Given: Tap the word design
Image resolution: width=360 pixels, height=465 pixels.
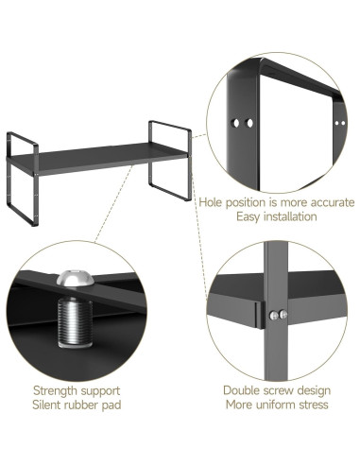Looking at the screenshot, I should point(310,390).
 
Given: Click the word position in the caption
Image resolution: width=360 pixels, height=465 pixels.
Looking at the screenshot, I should point(249,201).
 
